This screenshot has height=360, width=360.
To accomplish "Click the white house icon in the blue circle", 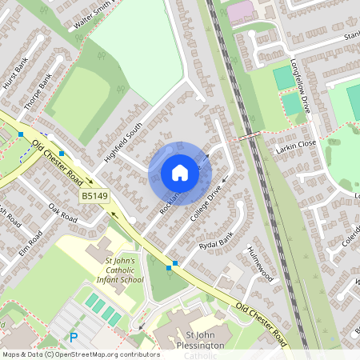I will (179, 173).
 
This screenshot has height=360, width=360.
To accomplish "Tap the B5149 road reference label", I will (94, 196).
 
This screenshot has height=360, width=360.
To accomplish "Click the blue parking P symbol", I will (74, 338).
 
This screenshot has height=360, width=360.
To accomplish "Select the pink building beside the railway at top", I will (241, 12).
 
